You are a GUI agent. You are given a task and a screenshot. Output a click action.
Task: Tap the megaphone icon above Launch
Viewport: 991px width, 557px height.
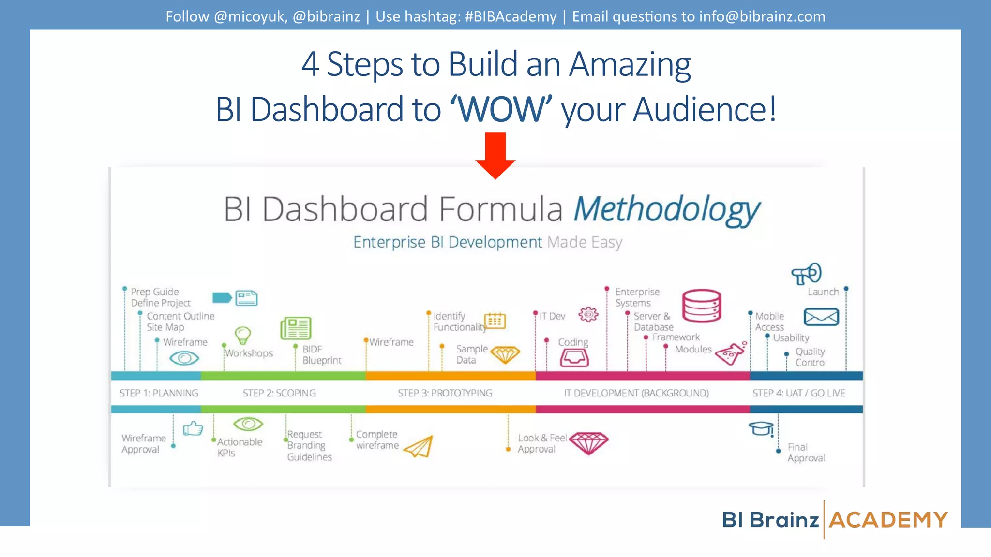807,274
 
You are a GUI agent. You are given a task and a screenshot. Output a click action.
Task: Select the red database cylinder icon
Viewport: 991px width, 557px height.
702,306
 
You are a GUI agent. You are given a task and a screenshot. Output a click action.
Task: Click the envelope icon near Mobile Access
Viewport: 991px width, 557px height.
821,317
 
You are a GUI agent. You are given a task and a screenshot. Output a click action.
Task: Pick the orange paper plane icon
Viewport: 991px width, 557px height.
419,447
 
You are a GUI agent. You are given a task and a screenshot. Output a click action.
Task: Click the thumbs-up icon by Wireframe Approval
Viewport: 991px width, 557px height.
193,428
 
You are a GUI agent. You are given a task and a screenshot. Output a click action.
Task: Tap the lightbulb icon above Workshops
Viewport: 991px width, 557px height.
242,335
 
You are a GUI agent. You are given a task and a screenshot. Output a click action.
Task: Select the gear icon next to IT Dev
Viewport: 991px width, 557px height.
588,315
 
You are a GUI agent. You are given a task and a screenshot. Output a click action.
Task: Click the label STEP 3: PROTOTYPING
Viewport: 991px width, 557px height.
445,393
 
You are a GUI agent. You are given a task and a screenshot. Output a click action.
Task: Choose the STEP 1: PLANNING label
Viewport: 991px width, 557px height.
159,393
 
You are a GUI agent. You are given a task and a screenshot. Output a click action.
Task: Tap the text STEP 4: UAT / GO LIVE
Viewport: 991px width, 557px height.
798,393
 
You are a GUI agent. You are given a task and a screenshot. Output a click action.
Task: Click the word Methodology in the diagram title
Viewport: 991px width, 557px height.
666,210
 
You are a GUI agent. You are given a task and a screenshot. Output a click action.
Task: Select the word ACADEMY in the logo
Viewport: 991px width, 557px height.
888,520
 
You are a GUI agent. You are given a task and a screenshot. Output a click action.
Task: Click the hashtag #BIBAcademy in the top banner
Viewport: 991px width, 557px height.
511,16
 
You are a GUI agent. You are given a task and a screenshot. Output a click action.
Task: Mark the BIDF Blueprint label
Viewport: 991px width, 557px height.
321,354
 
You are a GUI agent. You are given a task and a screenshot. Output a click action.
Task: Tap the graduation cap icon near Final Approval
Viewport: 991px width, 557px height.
761,428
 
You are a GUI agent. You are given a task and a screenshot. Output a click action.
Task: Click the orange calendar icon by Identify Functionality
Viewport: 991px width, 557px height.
495,321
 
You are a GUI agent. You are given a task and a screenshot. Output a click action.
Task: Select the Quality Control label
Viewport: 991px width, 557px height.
811,357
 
